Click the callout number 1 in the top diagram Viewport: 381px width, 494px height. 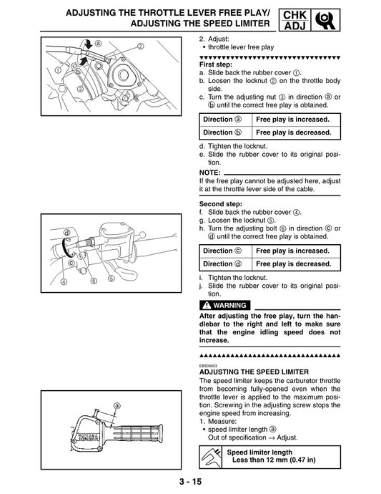[x=56, y=70]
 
